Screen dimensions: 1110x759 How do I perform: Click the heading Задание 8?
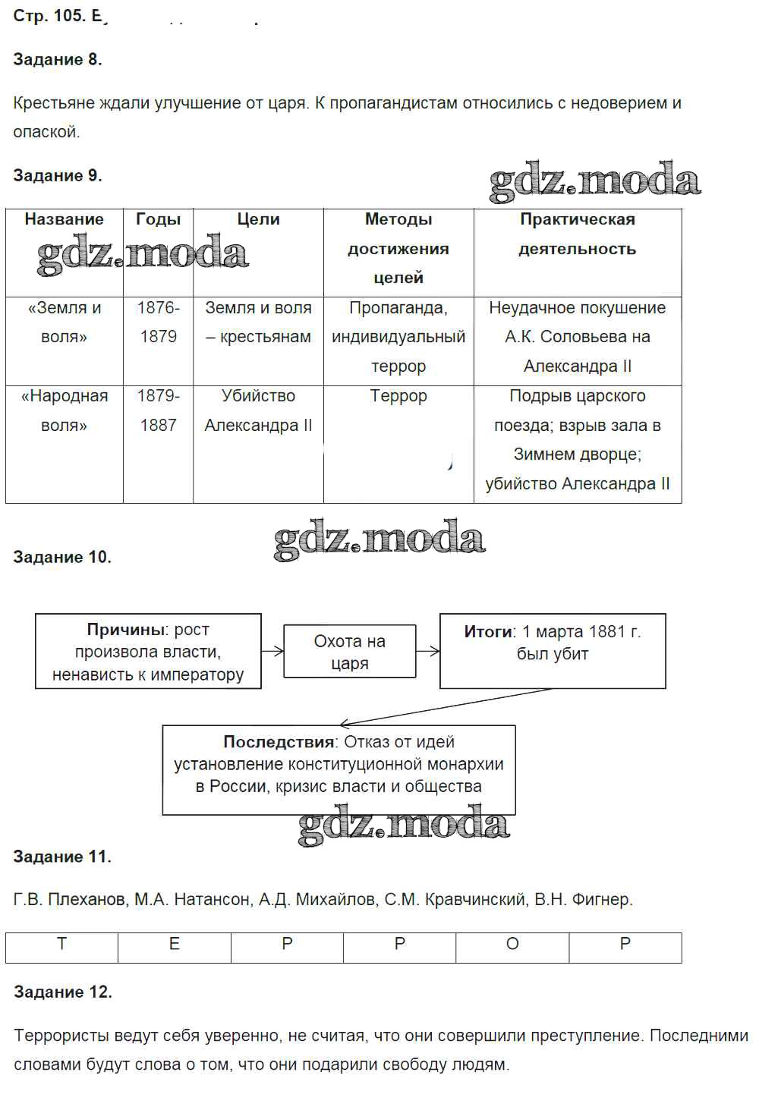58,60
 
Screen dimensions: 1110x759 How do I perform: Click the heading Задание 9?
58,176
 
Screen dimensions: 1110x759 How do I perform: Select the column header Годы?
158,219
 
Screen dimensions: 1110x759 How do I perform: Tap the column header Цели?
258,219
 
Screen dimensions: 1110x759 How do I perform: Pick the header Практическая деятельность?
577,234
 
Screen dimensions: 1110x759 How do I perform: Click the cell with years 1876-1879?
158,322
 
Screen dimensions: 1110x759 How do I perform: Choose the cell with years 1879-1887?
158,410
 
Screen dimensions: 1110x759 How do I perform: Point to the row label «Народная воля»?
65,410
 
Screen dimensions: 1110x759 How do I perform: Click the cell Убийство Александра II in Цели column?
258,410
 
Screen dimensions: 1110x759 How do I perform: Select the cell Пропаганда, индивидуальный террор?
398,337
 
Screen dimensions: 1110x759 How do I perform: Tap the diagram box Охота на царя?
349,652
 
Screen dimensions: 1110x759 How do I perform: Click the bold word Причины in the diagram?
126,630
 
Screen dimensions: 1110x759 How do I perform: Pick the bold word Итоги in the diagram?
489,632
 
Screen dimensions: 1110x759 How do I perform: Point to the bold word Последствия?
279,742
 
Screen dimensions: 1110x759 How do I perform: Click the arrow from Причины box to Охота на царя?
272,651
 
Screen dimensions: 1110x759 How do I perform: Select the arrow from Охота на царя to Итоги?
428,651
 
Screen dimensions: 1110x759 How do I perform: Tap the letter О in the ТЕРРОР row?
512,945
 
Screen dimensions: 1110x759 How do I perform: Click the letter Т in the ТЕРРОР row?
61,945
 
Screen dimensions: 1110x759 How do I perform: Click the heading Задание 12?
62,992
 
